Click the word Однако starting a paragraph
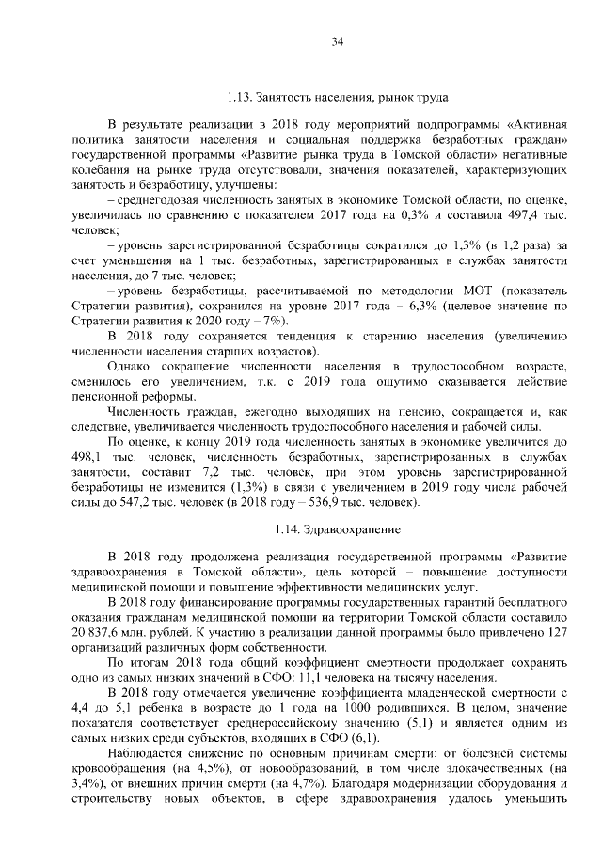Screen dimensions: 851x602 pyautogui.click(x=130, y=365)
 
